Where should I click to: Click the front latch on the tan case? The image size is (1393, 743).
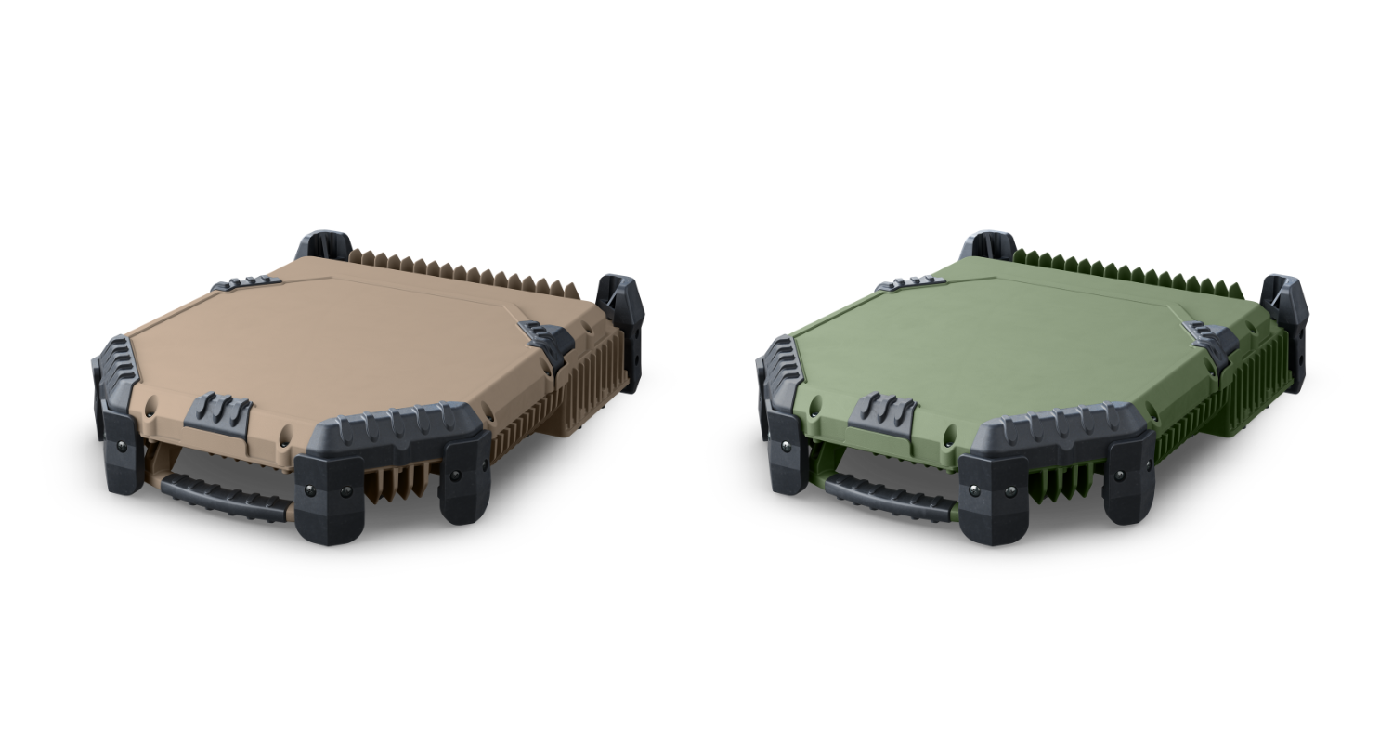[218, 411]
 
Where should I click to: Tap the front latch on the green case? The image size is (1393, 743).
[882, 411]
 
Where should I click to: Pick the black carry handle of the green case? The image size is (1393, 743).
[889, 498]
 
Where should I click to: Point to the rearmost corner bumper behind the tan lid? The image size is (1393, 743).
[324, 246]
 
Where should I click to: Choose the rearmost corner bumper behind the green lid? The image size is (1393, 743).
[989, 246]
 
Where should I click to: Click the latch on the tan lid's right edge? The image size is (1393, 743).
[546, 340]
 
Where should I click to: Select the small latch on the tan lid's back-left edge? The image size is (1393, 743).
[246, 282]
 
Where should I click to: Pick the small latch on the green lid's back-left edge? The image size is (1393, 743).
[911, 282]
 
